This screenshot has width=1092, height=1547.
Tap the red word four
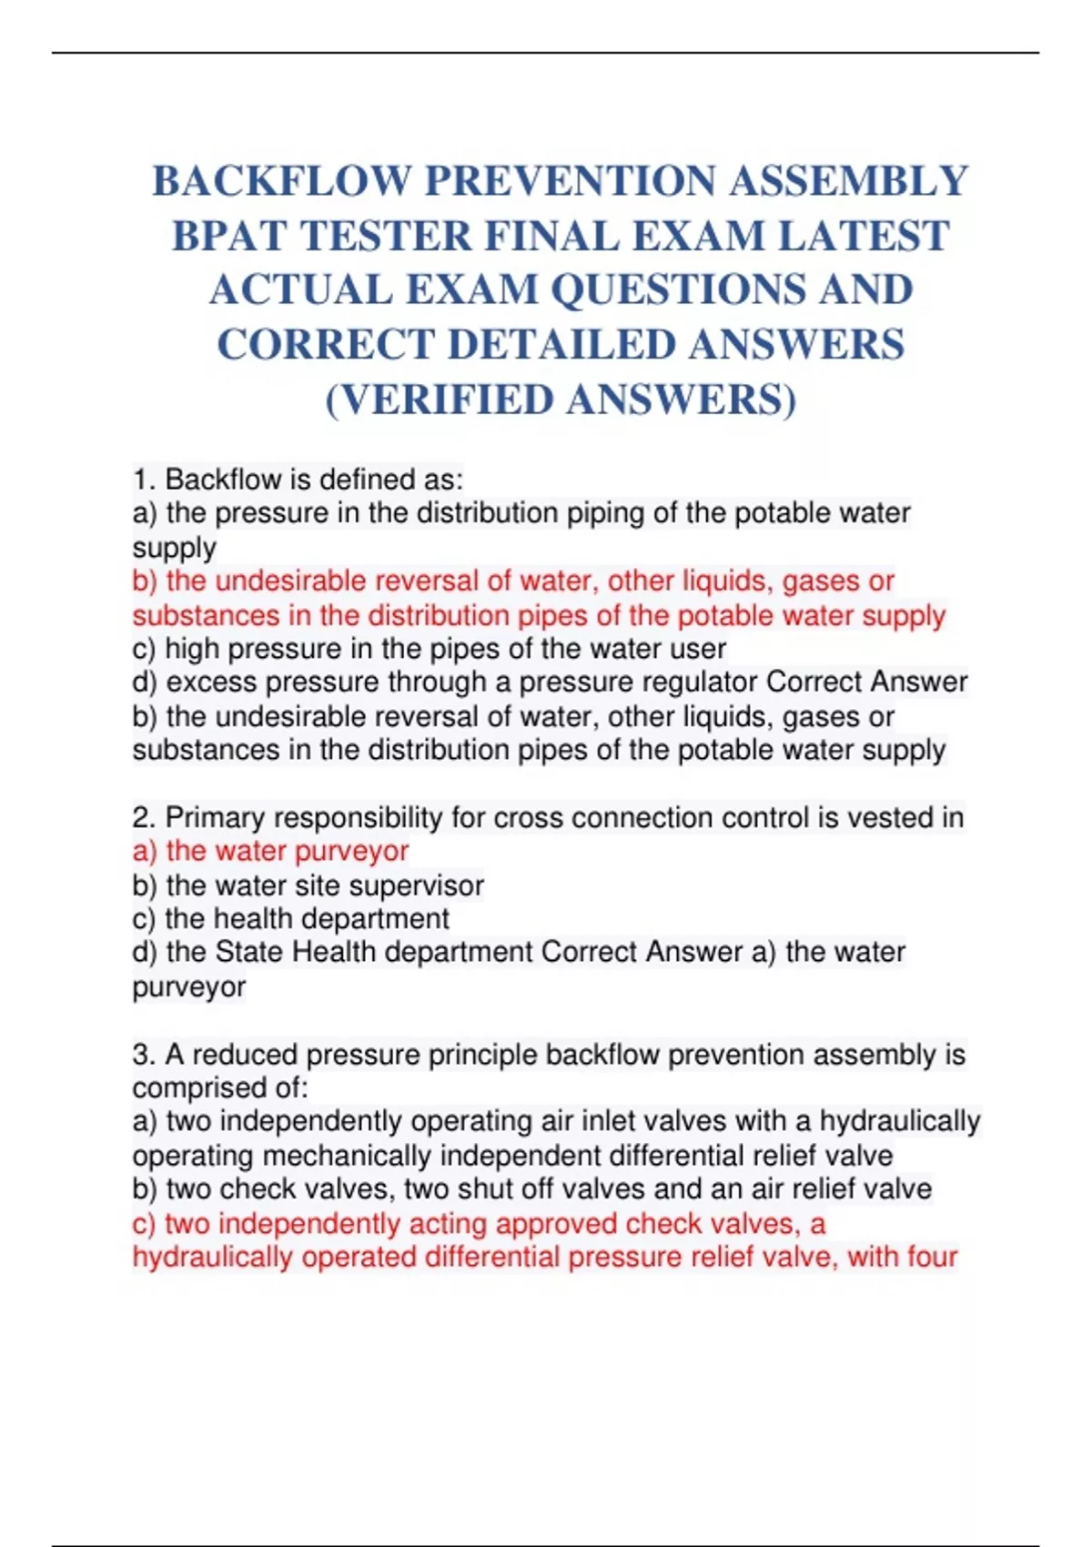(930, 1258)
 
